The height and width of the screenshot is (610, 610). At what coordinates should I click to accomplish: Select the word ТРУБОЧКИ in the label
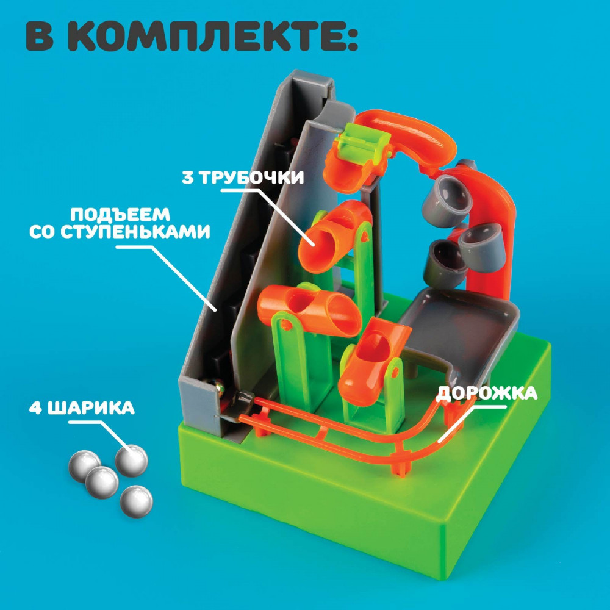[x=251, y=178]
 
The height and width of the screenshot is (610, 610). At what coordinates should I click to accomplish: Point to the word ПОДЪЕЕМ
[x=120, y=214]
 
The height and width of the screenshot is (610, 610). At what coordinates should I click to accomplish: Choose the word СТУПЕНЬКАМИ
[x=135, y=232]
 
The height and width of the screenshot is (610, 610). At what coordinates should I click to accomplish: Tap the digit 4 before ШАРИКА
[x=36, y=408]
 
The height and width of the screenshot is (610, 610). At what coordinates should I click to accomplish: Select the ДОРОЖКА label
[x=487, y=393]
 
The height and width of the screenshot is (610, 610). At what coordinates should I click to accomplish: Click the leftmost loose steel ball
[x=84, y=465]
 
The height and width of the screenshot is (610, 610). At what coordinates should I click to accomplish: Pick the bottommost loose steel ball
[x=136, y=501]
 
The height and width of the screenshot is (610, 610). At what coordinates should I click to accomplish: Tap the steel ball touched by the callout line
[x=132, y=460]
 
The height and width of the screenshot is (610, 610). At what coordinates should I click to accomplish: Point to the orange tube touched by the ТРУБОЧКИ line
[x=332, y=237]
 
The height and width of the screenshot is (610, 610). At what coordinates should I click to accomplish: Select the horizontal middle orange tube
[x=309, y=310]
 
